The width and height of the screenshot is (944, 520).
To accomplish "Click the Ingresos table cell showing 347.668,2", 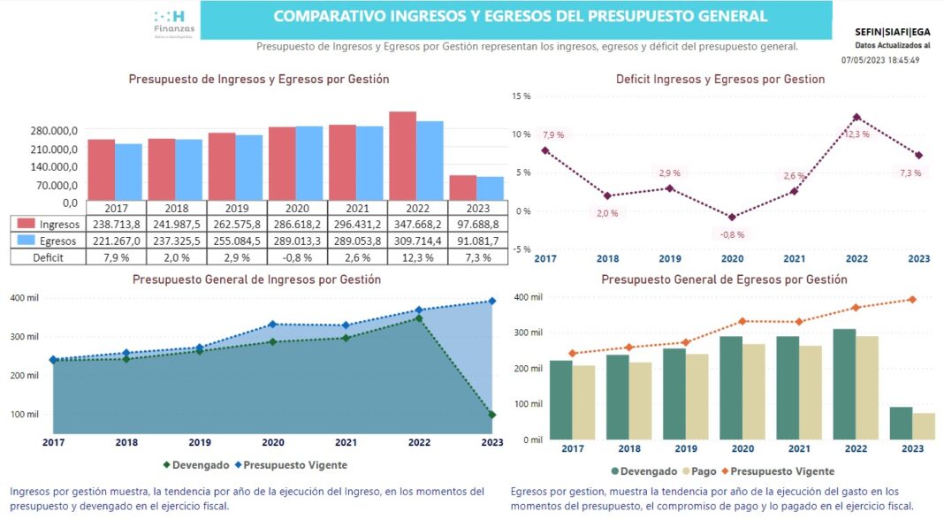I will pyautogui.click(x=417, y=225).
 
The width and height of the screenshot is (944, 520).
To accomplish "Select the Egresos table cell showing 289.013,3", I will pyautogui.click(x=296, y=241).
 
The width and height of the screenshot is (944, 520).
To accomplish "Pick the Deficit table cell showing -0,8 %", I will pyautogui.click(x=296, y=256).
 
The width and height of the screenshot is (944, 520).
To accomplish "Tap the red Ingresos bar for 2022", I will pyautogui.click(x=403, y=156).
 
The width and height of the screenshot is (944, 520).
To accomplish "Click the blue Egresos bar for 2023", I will pyautogui.click(x=490, y=188).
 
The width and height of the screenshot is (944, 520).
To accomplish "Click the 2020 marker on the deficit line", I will pyautogui.click(x=732, y=217).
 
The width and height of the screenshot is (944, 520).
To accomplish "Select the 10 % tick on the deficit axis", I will pyautogui.click(x=522, y=134).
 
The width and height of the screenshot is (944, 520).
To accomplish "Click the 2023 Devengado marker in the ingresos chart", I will pyautogui.click(x=491, y=415).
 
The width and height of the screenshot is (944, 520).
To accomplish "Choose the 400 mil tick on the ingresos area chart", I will pyautogui.click(x=25, y=298).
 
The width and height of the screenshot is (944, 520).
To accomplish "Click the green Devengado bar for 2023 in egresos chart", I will pyautogui.click(x=901, y=423).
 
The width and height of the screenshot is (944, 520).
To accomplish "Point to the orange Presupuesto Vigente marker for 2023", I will pyautogui.click(x=911, y=300).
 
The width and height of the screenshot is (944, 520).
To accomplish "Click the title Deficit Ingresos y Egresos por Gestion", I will pyautogui.click(x=720, y=80).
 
